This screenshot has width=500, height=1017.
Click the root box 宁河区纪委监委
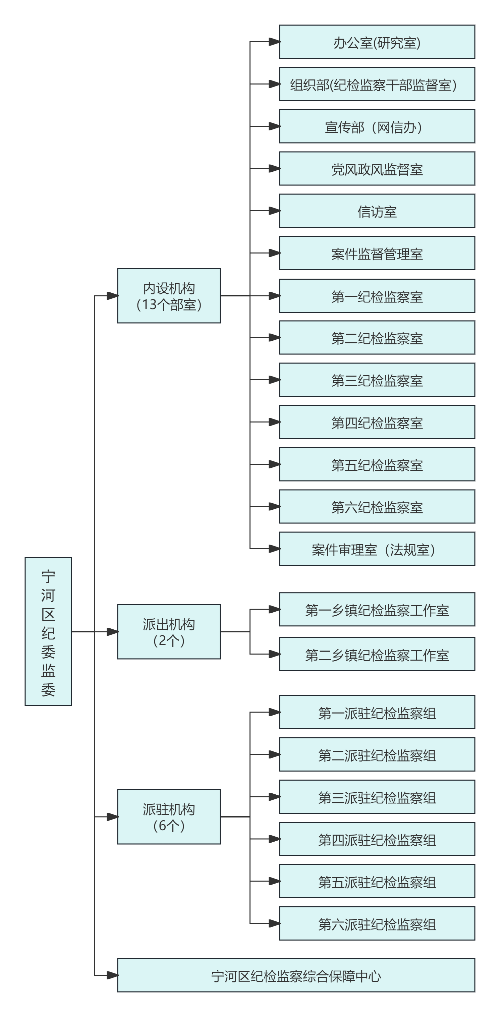click(48, 632)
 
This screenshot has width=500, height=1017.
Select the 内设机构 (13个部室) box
click(169, 296)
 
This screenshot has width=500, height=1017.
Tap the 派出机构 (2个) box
click(169, 632)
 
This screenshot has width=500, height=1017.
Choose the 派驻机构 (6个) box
click(169, 817)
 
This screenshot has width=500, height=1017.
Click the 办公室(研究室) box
click(377, 42)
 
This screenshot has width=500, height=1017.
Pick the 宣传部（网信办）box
click(377, 126)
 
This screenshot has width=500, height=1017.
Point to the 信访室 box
click(377, 211)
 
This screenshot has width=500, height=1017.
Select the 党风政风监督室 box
click(377, 169)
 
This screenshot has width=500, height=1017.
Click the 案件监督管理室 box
click(377, 253)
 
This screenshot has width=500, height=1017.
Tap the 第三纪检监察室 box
click(377, 380)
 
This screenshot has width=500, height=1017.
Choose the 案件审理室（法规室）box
click(377, 549)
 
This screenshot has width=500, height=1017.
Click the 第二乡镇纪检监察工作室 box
click(377, 654)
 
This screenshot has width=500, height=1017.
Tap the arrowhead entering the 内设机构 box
click(113, 296)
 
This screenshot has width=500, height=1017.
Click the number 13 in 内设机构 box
click(149, 304)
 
